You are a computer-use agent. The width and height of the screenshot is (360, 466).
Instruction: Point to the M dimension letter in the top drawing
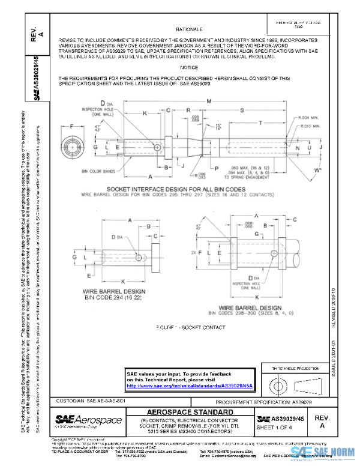[x=208, y=101]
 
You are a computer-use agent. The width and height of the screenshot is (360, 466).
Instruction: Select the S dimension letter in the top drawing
[x=242, y=110]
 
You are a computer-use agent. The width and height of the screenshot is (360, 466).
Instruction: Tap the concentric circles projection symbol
[x=276, y=384]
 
